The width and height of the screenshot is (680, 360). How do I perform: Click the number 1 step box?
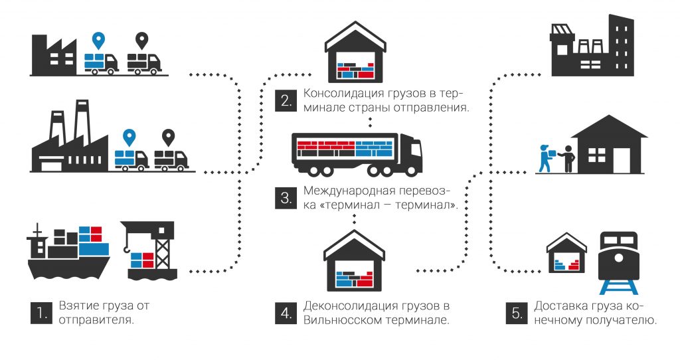click(41, 313)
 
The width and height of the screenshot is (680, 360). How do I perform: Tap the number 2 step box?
click(285, 101)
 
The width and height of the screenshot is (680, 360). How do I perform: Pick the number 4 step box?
click(285, 313)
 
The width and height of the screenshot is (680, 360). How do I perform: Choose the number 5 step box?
click(516, 313)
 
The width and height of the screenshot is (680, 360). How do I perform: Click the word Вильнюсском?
click(340, 319)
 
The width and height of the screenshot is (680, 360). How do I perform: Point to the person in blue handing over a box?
click(545, 158)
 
